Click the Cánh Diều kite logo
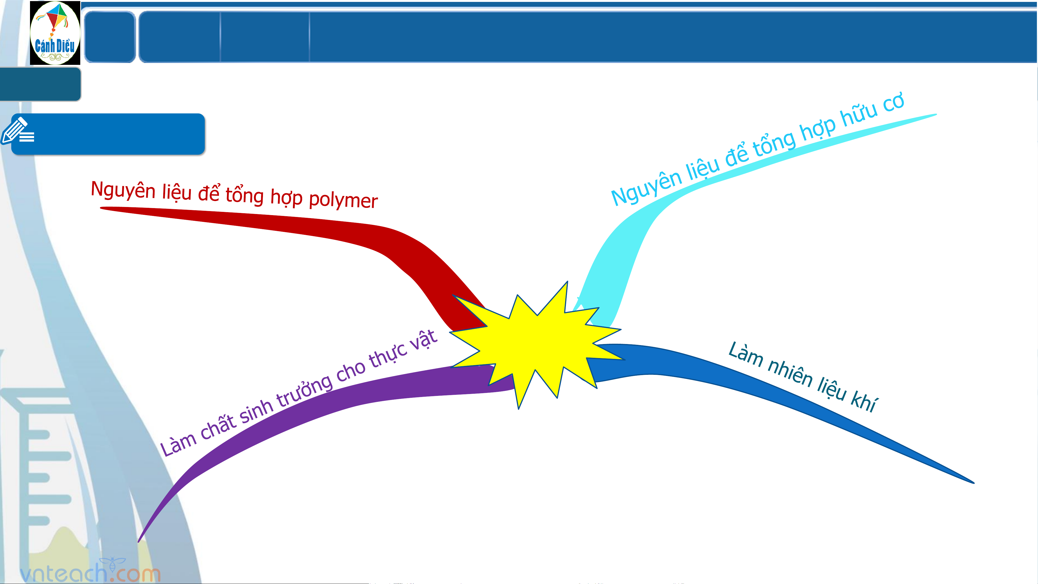click(x=55, y=33)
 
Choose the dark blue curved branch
click(x=766, y=387)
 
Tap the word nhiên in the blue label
click(x=790, y=373)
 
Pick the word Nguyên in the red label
click(x=123, y=190)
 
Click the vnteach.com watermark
click(x=91, y=572)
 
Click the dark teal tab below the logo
click(x=40, y=84)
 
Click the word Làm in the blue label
click(x=745, y=355)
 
